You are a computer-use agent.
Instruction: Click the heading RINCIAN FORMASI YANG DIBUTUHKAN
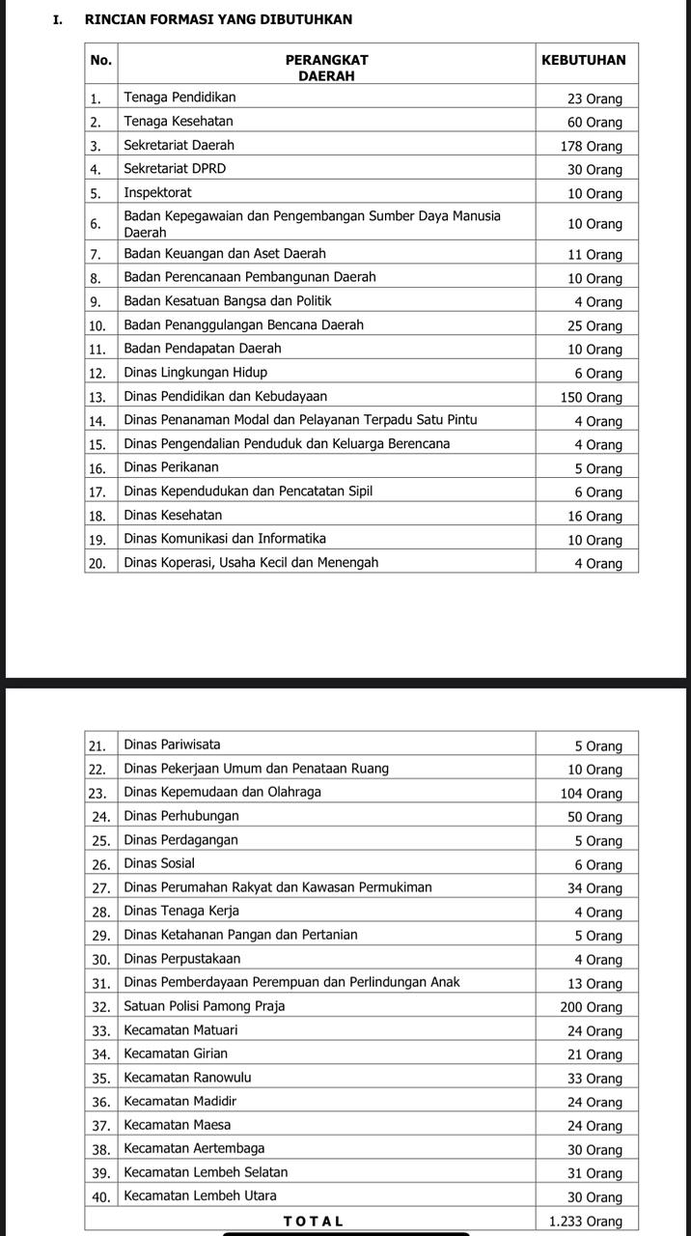[x=218, y=19]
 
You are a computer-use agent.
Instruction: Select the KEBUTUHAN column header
[x=584, y=60]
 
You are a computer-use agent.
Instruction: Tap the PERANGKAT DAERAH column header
[x=326, y=68]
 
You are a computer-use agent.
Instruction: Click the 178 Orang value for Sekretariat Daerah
[x=591, y=146]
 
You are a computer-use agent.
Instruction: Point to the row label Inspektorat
[x=157, y=192]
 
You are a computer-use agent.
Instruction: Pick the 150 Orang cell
[x=591, y=397]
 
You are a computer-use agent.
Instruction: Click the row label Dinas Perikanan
[x=171, y=467]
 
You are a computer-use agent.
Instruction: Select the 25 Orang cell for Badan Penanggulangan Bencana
[x=594, y=325]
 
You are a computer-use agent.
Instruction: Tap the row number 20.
[x=97, y=563]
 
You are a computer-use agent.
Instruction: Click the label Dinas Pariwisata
[x=172, y=744]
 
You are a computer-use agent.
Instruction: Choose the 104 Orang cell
[x=591, y=794]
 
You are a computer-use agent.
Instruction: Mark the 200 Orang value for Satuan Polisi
[x=591, y=1007]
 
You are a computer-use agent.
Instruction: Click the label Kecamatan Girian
[x=176, y=1053]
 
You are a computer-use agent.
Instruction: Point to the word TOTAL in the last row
[x=313, y=1221]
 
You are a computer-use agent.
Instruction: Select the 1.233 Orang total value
[x=585, y=1222]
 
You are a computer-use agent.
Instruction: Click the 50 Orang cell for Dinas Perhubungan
[x=594, y=817]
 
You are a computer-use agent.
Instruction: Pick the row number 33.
[x=97, y=1031]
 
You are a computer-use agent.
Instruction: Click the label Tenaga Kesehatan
[x=179, y=122]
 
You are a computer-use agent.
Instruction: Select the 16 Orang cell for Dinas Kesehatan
[x=594, y=517]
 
